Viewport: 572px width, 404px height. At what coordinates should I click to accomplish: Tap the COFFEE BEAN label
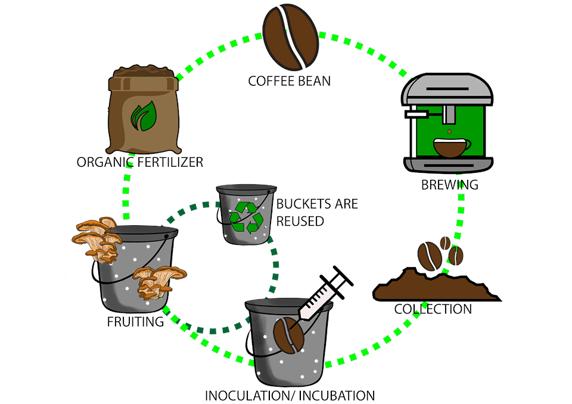pyautogui.click(x=289, y=80)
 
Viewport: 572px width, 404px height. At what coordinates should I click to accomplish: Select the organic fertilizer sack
pyautogui.click(x=141, y=113)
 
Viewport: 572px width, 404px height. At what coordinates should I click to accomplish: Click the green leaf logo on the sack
pyautogui.click(x=142, y=116)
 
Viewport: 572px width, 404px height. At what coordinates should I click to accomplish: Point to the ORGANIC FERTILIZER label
pyautogui.click(x=140, y=162)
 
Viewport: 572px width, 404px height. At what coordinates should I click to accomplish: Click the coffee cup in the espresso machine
pyautogui.click(x=450, y=147)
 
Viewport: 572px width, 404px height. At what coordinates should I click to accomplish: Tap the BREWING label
pyautogui.click(x=450, y=185)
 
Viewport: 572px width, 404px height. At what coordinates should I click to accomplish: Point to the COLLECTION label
pyautogui.click(x=433, y=309)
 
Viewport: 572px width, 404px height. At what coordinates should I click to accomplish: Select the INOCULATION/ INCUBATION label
pyautogui.click(x=290, y=395)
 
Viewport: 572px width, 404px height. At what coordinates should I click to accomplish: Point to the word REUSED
pyautogui.click(x=300, y=221)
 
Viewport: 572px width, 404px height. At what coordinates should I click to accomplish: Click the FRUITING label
pyautogui.click(x=135, y=322)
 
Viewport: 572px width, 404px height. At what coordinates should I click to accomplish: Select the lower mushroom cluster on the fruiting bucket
pyautogui.click(x=158, y=281)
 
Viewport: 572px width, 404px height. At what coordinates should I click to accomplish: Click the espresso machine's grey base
pyautogui.click(x=448, y=164)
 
